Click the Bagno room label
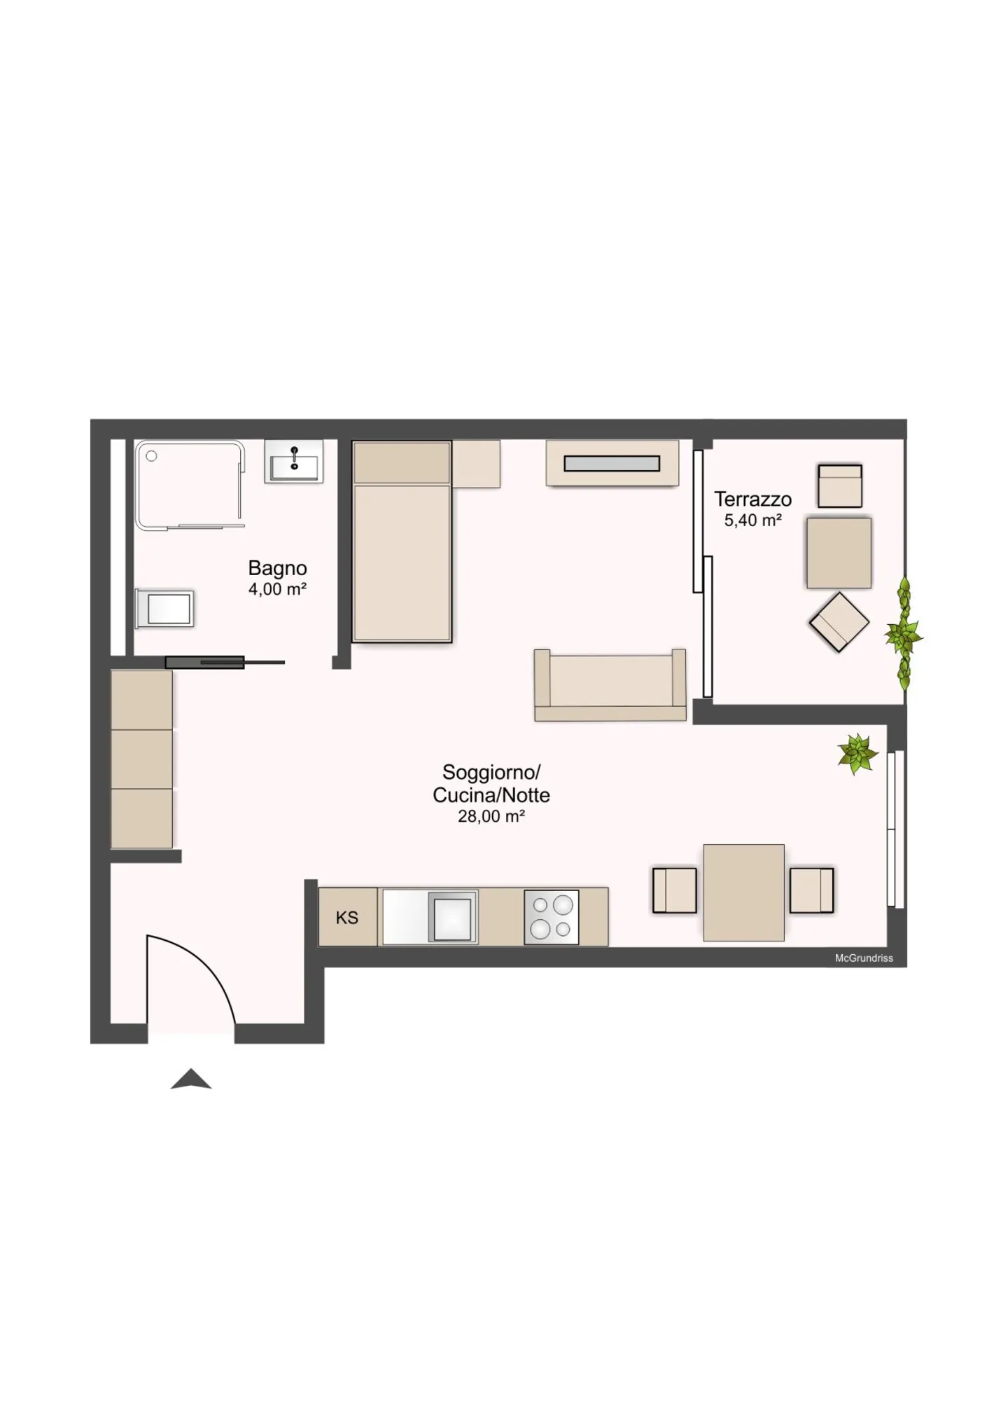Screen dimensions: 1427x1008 [x=277, y=567]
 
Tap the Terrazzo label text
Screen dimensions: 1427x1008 [x=752, y=499]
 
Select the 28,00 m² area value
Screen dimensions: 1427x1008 [x=491, y=816]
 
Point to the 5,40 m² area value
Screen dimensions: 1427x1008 [x=752, y=521]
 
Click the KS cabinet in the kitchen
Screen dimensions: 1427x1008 [x=347, y=918]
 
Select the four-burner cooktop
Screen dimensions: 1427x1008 [x=552, y=918]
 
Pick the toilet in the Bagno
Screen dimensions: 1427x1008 [x=165, y=608]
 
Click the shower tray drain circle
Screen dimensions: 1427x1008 [x=151, y=456]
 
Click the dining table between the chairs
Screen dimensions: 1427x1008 [x=743, y=892]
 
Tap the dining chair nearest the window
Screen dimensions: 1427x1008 [x=811, y=890]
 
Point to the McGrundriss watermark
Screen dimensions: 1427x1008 [x=863, y=958]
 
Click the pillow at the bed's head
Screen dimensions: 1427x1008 [x=401, y=462]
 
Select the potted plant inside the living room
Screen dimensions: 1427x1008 [x=857, y=754]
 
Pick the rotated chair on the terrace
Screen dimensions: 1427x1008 [x=839, y=622]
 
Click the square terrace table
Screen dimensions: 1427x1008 [x=839, y=553]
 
